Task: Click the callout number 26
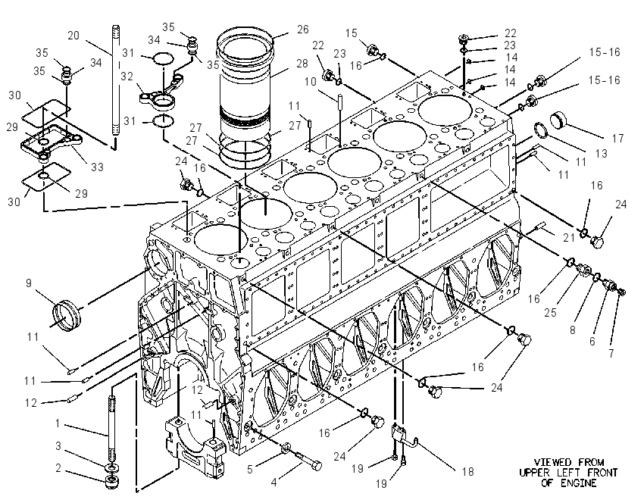[x=303, y=30]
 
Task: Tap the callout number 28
[x=302, y=64]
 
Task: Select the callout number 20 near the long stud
[x=73, y=36]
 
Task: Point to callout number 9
[x=28, y=283]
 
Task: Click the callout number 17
[x=617, y=139]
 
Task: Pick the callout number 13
[x=601, y=154]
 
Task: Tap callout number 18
[x=467, y=472]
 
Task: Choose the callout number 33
[x=97, y=167]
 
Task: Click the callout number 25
[x=550, y=312]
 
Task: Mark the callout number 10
[x=310, y=82]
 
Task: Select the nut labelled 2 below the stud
[x=111, y=483]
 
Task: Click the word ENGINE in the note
[x=579, y=483]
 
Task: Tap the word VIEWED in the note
[x=552, y=463]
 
